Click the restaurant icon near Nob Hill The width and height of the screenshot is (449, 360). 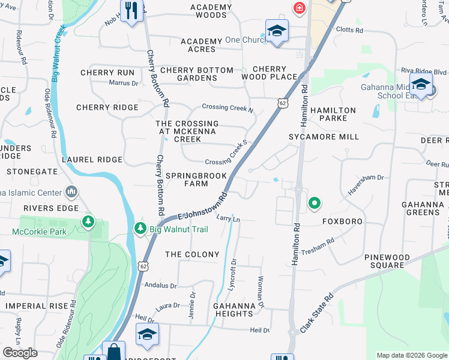[131, 11]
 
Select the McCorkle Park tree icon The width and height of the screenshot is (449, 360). [89, 223]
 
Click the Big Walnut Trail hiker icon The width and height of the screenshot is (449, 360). [140, 228]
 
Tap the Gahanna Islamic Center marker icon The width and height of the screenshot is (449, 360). [72, 193]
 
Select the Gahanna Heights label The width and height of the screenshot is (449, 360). [234, 310]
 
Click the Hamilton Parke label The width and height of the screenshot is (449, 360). [333, 115]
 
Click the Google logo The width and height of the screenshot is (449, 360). [20, 353]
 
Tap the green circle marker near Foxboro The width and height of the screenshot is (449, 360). [313, 205]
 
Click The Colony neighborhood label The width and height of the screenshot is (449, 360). [192, 254]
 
